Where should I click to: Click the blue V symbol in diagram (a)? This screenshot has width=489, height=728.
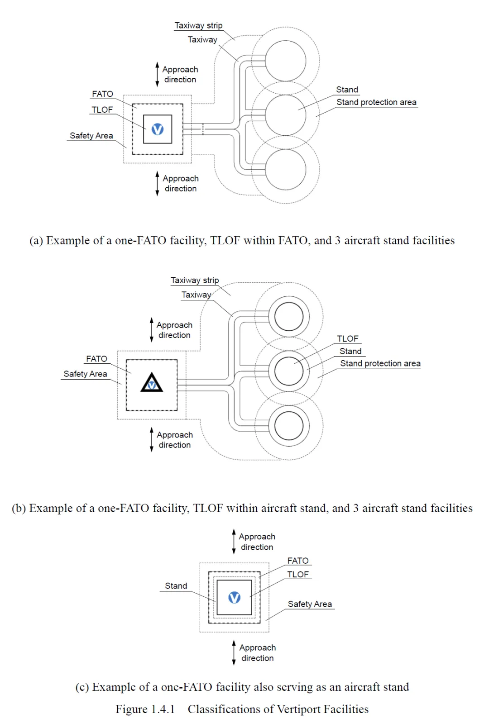(x=158, y=129)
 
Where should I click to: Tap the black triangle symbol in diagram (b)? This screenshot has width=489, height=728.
(x=152, y=383)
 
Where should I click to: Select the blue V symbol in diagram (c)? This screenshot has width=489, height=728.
(x=234, y=598)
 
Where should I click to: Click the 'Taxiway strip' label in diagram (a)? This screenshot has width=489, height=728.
(x=198, y=26)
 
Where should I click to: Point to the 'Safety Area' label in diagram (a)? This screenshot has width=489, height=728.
(x=91, y=136)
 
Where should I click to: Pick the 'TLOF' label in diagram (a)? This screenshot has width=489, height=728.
(x=102, y=110)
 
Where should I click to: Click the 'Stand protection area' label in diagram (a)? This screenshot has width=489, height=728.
(x=376, y=102)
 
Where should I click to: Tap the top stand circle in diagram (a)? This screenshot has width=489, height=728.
(x=286, y=61)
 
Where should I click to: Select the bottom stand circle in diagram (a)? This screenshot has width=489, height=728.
(x=286, y=170)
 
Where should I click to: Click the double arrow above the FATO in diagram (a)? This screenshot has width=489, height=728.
(x=157, y=74)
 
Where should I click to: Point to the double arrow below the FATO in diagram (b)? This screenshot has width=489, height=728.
(x=152, y=440)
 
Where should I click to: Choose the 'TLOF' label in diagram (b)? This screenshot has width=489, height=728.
(x=347, y=338)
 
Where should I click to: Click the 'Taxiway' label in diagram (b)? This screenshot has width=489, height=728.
(x=196, y=295)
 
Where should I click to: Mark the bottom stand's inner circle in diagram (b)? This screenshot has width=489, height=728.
(x=289, y=426)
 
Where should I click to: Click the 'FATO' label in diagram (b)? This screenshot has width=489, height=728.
(x=96, y=359)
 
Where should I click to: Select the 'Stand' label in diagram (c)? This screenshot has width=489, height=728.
(x=176, y=586)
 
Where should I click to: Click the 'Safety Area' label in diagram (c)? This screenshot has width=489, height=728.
(x=310, y=604)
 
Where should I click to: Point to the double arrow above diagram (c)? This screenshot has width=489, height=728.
(x=234, y=542)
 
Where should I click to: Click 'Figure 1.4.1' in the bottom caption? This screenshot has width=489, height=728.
(x=145, y=709)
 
